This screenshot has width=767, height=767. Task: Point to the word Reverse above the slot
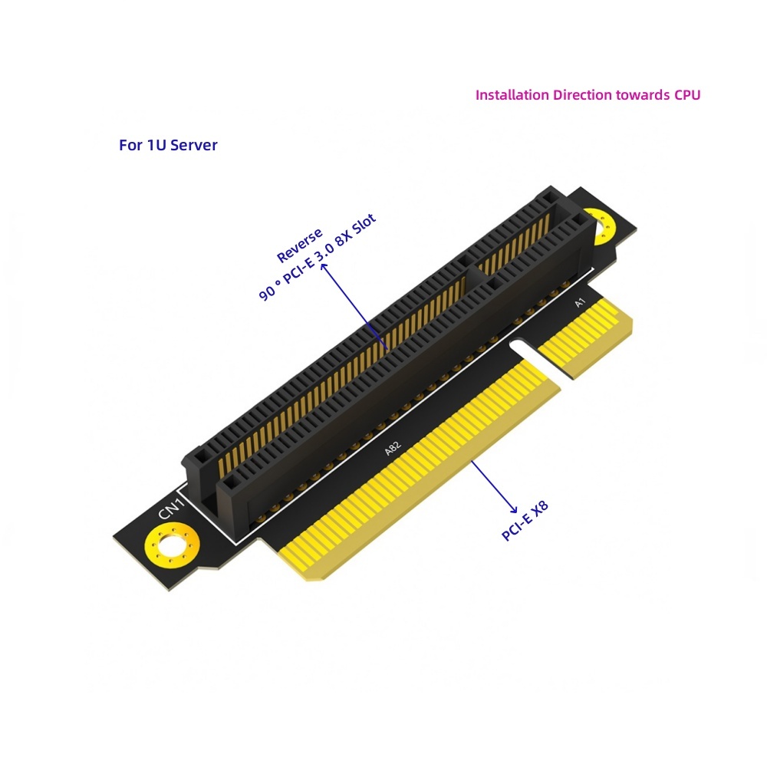click(x=299, y=245)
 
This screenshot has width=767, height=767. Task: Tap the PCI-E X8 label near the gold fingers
click(x=525, y=521)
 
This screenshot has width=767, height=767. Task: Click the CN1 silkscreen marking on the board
click(x=171, y=509)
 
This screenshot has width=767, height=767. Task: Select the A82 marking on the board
click(x=392, y=448)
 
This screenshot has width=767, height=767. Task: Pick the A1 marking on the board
click(x=580, y=303)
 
